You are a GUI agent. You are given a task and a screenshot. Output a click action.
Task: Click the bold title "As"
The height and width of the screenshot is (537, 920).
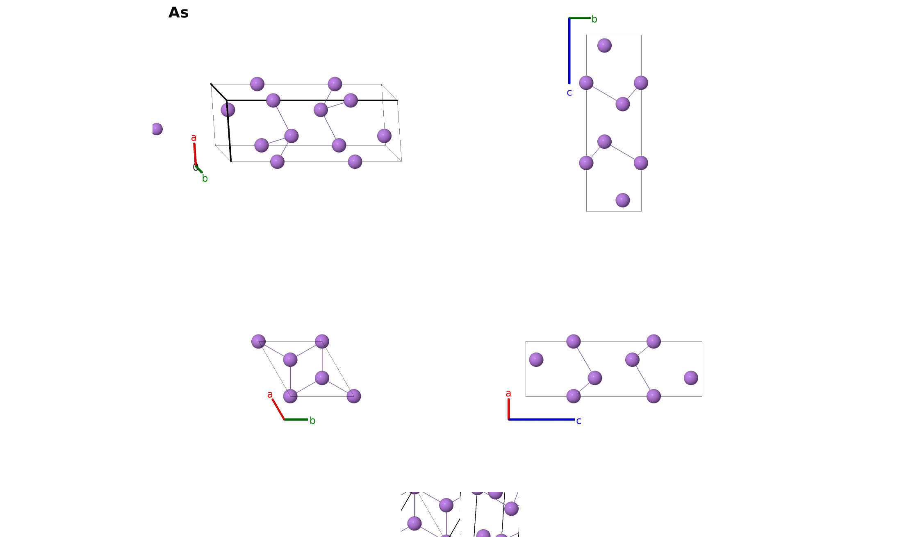point(178,13)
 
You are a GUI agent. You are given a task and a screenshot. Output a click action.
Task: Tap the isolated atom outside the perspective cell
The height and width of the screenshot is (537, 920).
point(157,129)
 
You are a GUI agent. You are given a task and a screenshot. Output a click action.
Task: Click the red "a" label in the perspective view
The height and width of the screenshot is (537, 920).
point(194,138)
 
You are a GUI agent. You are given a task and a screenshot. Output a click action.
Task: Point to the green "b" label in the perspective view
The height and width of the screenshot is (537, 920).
point(205,178)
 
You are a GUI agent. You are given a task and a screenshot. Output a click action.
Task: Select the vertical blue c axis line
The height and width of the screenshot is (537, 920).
point(569,51)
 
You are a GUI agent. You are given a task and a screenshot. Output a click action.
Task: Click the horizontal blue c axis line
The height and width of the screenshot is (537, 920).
point(541,419)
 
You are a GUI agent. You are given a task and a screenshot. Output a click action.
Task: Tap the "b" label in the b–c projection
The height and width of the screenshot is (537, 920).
point(594,19)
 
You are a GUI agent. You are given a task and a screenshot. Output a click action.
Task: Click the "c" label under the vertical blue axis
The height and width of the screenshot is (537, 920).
point(569,93)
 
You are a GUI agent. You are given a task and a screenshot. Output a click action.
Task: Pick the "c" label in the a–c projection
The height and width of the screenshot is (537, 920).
point(578,421)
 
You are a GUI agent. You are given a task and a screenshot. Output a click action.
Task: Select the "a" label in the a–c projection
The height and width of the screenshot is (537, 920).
point(508,394)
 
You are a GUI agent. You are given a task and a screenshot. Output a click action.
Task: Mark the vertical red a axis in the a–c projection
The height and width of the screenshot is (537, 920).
point(508,409)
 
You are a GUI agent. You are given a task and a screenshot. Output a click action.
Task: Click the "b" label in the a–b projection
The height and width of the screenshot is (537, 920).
point(312,421)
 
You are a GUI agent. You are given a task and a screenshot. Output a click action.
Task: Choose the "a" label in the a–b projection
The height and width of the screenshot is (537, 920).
point(270,394)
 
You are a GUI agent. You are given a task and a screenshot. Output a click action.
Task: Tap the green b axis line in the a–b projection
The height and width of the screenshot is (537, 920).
point(296,419)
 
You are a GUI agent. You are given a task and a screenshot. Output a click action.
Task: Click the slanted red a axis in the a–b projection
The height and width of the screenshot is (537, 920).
point(278,409)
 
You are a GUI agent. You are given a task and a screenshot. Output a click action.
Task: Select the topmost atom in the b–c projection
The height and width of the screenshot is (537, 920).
point(604,46)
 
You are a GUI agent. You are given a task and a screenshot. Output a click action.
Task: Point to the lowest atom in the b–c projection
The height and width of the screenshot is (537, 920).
point(623,200)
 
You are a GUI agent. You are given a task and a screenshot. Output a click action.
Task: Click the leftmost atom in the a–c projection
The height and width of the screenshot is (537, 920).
point(536,360)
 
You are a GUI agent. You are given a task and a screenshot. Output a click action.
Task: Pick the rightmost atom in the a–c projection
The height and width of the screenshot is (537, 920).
point(691,378)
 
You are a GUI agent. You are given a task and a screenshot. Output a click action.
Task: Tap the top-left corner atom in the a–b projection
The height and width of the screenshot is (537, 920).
point(258,341)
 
